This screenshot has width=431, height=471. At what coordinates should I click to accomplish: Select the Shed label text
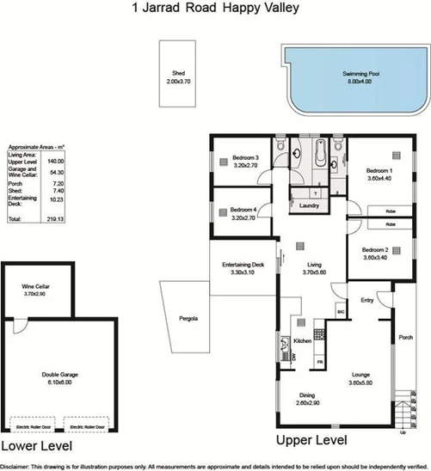click(179, 74)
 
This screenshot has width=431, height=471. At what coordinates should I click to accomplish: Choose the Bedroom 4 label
click(242, 211)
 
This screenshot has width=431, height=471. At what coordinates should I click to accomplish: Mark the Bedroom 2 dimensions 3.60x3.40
click(376, 257)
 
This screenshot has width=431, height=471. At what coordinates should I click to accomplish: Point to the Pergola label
click(188, 318)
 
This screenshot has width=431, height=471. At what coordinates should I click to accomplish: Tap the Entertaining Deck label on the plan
click(242, 265)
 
